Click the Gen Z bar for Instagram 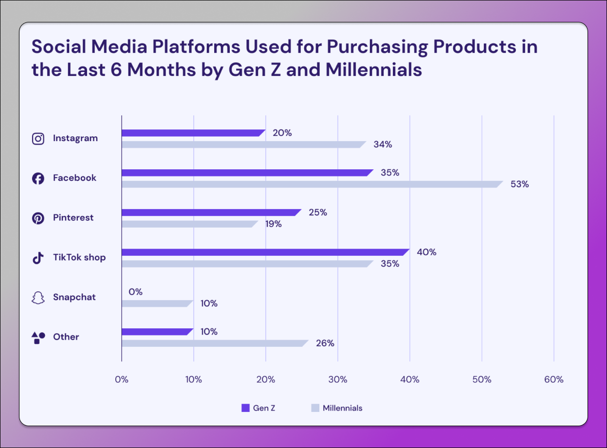point(193,133)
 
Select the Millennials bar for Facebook point(312,184)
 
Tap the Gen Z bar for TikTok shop point(265,252)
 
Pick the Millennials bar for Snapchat point(157,304)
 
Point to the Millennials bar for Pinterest point(189,224)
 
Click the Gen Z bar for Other point(157,332)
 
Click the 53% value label point(519,184)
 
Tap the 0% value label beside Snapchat point(135,292)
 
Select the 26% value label point(325,343)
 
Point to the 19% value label point(273,224)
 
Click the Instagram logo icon point(38,139)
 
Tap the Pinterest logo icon point(38,218)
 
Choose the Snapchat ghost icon point(38,298)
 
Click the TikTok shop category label point(79,257)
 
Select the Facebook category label point(74,178)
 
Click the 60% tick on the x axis point(553,379)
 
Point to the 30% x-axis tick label point(338,379)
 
